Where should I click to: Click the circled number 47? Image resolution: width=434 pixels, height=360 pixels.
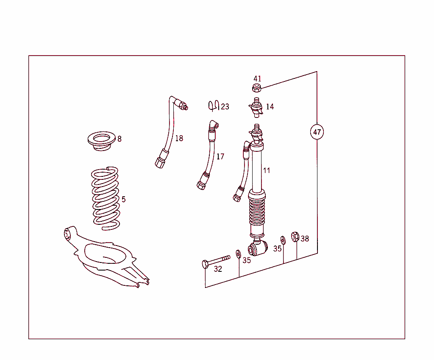pos(317,132)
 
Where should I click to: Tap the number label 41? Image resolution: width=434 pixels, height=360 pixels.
pos(257,79)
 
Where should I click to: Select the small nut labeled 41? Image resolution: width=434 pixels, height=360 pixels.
pos(256,88)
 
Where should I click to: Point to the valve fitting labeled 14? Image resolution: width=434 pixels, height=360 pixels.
pos(256,106)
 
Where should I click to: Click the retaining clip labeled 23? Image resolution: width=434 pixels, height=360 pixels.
pos(213,105)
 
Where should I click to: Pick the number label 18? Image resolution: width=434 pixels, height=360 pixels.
pos(179,138)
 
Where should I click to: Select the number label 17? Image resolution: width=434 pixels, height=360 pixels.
pos(220,157)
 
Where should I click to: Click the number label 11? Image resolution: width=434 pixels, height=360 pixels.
pos(266,170)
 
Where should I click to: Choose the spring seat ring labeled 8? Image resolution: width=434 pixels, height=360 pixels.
pos(101,141)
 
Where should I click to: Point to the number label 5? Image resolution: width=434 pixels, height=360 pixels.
pos(123,199)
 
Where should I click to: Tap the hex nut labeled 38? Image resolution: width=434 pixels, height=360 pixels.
pos(295,236)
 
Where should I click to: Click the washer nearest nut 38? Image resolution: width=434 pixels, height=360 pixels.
pos(283,240)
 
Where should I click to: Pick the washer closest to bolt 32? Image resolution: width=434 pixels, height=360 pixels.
pos(238,254)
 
